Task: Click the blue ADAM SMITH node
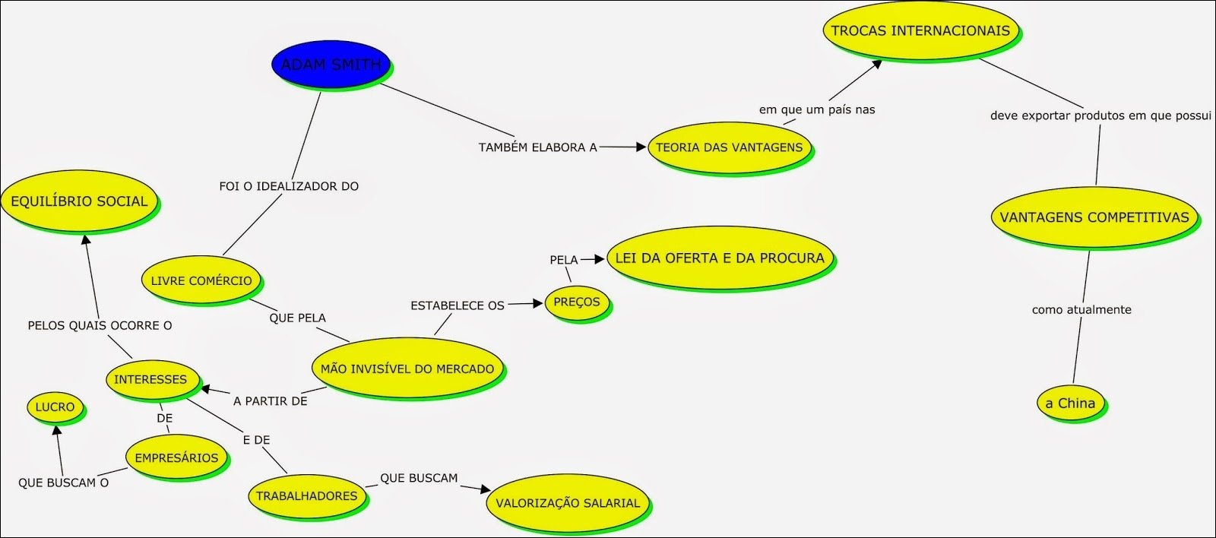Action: tap(331, 65)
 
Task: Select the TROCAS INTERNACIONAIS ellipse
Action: tap(920, 31)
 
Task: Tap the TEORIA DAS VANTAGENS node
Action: tap(729, 147)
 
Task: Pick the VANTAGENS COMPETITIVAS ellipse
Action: tap(1094, 217)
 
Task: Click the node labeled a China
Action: tap(1070, 403)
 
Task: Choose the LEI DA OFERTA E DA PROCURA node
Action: tap(719, 258)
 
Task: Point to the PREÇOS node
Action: tap(576, 302)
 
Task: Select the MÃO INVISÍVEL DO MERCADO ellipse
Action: tap(407, 369)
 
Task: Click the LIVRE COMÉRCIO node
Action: tap(201, 280)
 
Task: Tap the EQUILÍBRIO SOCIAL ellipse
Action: tap(79, 201)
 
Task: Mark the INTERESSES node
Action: tap(150, 379)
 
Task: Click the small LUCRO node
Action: tap(55, 407)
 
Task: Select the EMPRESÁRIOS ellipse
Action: tap(176, 458)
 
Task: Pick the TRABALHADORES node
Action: tap(306, 496)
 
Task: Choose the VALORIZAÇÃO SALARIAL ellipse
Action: tap(568, 503)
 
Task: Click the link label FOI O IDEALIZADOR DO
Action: tap(289, 186)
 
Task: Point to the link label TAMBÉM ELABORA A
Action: tap(537, 147)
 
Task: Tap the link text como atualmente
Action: tap(1081, 310)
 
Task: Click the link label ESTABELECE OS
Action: tap(458, 305)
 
